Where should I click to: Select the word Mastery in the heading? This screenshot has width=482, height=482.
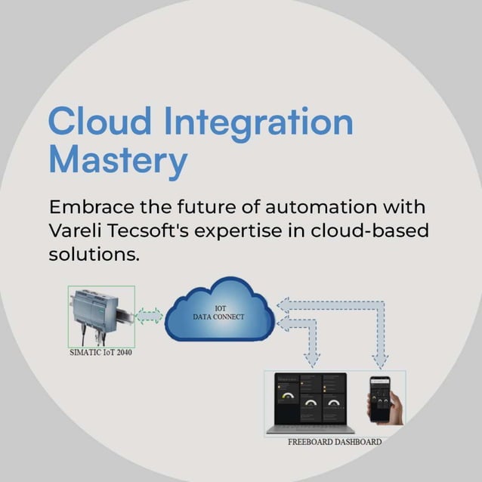[x=117, y=162]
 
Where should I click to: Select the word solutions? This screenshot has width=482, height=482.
[x=94, y=255]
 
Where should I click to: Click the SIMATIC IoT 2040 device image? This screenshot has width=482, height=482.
[x=100, y=315]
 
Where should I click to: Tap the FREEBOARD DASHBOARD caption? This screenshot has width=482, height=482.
[x=335, y=441]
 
